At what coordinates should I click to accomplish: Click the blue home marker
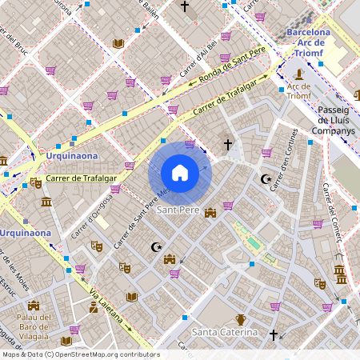(x=180, y=173)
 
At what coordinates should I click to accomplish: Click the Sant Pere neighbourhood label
(x=178, y=210)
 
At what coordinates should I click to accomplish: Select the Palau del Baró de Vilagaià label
(x=33, y=327)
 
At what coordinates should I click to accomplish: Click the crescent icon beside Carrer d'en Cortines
(x=266, y=179)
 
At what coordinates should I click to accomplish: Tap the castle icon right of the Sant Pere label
(x=211, y=212)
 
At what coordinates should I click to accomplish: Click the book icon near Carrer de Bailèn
(x=119, y=43)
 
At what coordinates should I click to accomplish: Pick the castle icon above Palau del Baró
(x=34, y=306)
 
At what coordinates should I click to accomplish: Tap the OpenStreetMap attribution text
(x=80, y=354)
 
